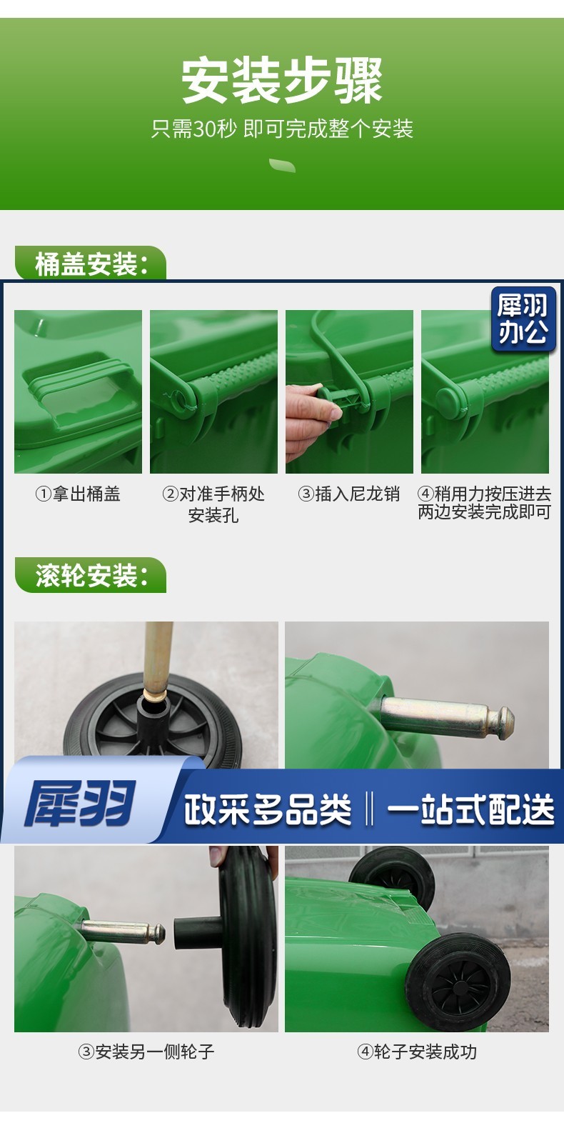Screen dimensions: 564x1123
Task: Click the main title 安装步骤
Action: pos(282,80)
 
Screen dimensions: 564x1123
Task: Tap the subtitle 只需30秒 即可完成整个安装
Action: pos(282,129)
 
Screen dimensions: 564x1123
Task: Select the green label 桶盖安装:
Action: pos(91,264)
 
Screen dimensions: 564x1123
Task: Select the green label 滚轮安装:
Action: pos(91,575)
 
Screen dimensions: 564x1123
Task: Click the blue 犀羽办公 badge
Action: pos(523,319)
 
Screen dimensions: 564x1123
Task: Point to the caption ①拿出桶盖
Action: pos(78,494)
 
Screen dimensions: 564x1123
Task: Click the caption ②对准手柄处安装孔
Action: pos(213,504)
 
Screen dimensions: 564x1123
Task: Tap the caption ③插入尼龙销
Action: pos(349,494)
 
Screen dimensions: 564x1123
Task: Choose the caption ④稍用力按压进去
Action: pos(484,494)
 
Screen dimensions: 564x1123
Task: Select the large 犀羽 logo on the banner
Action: pos(80,805)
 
